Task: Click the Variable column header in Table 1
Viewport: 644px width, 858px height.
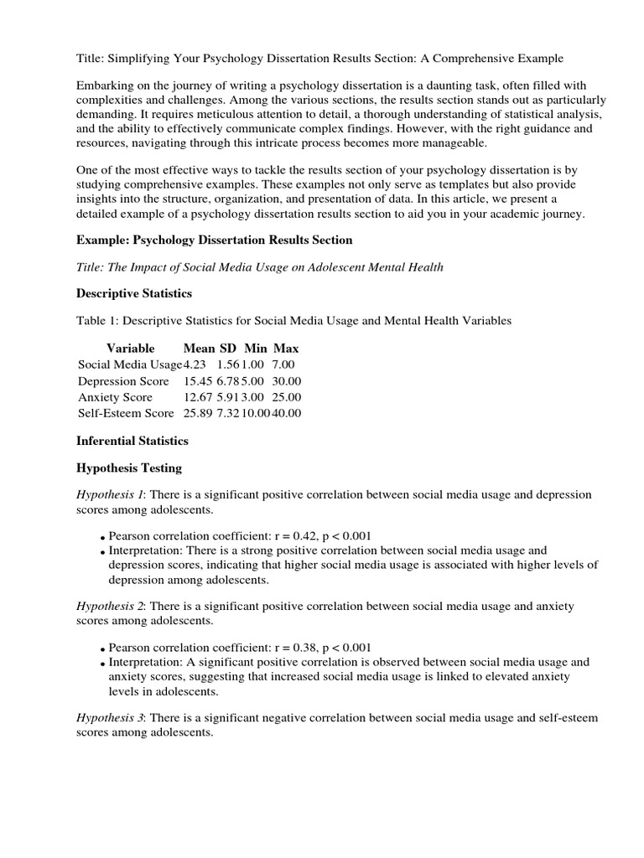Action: [130, 348]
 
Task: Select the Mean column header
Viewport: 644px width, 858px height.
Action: [200, 348]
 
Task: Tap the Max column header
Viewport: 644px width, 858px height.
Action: [286, 348]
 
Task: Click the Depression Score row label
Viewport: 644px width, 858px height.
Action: [123, 380]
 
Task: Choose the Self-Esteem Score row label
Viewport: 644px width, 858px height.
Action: [126, 412]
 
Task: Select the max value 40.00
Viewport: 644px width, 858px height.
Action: [286, 412]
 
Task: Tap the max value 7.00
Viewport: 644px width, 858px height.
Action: [283, 364]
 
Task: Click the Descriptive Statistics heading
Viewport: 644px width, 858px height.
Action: [134, 293]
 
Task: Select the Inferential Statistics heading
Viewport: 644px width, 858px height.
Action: [132, 440]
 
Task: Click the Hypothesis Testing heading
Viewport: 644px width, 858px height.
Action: [129, 468]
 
